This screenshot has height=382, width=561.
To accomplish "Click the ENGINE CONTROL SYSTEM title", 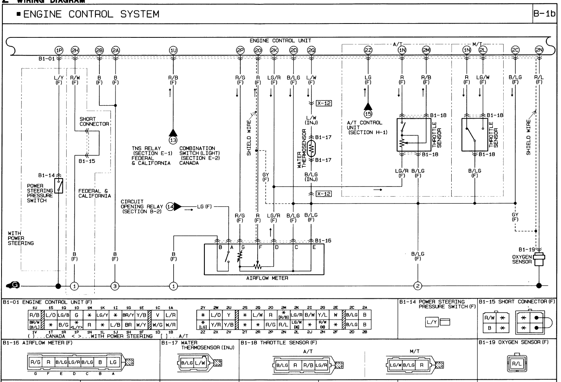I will coord(91,14).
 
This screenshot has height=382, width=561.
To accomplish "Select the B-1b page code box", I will coord(544,14).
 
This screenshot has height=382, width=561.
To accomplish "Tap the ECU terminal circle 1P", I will coord(59,50).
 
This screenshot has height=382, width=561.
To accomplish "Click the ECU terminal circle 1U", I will coord(173,50).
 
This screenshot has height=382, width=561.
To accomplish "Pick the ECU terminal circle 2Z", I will coord(368,50).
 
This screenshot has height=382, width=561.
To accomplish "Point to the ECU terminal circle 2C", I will coord(515,50).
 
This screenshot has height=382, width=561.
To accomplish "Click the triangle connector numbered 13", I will coord(173,139).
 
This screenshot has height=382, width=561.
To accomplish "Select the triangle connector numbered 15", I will coord(368,113).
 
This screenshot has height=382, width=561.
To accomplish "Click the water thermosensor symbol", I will coord(311,148).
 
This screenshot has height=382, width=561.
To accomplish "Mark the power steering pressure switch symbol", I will coord(59,186).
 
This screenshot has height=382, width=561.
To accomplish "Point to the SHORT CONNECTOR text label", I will coord(94,121).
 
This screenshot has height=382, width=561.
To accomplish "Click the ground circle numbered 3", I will coord(115,286).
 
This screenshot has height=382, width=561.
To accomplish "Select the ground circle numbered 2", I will coord(418,286).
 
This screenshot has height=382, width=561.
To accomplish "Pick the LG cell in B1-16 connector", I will coord(113,362).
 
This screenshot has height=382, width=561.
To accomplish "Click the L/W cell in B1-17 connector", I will coord(200,363).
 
